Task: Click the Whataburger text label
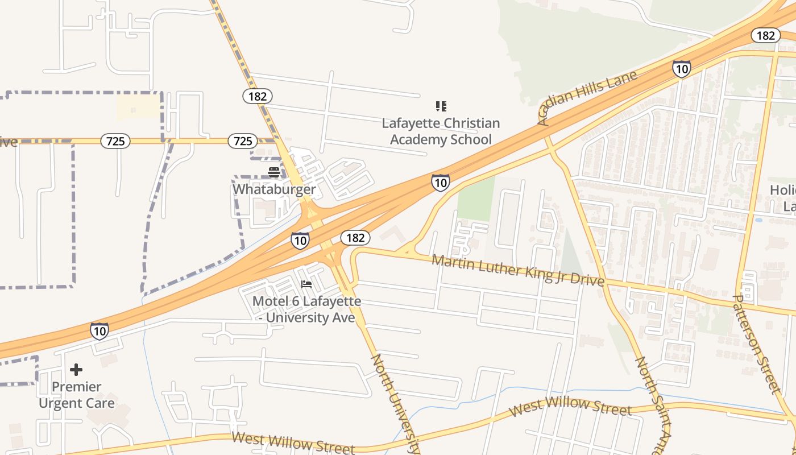click(x=273, y=189)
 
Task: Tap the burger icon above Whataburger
click(x=273, y=172)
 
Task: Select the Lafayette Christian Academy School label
click(x=441, y=131)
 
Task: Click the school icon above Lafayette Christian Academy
click(x=441, y=106)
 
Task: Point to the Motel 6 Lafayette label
click(x=306, y=309)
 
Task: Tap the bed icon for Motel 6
click(x=306, y=284)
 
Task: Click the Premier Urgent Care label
click(x=76, y=395)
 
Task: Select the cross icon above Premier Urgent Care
click(x=76, y=370)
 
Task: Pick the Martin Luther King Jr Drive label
click(x=517, y=270)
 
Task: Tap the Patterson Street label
click(x=756, y=344)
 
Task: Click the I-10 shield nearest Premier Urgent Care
click(x=99, y=330)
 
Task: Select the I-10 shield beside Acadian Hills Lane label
click(x=681, y=69)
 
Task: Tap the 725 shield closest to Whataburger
click(x=243, y=141)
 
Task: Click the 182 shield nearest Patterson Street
click(x=765, y=35)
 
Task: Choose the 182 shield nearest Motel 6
click(x=355, y=238)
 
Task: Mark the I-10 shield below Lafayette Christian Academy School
click(x=440, y=183)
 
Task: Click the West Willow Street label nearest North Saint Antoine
click(x=570, y=407)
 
